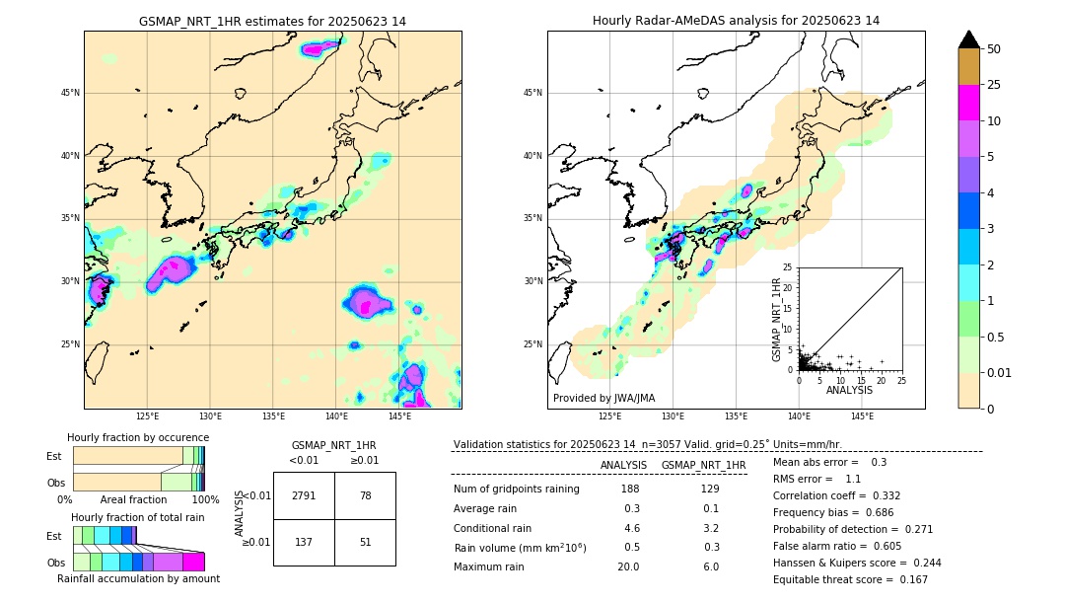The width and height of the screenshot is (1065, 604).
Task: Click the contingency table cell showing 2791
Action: pyautogui.click(x=304, y=495)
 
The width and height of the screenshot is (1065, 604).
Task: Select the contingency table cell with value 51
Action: pyautogui.click(x=365, y=542)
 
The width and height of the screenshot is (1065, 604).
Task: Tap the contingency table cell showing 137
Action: pyautogui.click(x=304, y=542)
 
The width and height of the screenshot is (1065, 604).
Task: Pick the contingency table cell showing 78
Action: pyautogui.click(x=365, y=495)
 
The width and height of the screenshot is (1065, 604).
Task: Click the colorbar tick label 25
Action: pyautogui.click(x=995, y=85)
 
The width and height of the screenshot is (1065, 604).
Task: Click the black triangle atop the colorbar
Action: pyautogui.click(x=969, y=39)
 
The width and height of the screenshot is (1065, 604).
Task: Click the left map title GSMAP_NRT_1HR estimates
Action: pyautogui.click(x=272, y=21)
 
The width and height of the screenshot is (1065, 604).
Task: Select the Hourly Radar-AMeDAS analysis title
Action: pyautogui.click(x=736, y=21)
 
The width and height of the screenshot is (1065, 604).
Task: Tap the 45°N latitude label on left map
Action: pyautogui.click(x=70, y=93)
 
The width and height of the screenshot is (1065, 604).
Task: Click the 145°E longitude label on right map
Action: pyautogui.click(x=862, y=416)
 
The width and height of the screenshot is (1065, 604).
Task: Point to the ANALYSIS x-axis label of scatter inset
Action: pyautogui.click(x=849, y=390)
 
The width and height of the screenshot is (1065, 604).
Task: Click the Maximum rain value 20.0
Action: pyautogui.click(x=628, y=566)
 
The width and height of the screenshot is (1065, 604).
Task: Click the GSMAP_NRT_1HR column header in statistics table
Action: pyautogui.click(x=703, y=465)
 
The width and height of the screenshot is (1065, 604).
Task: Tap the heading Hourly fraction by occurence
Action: pyautogui.click(x=138, y=437)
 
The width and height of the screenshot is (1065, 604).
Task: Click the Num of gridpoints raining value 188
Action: pyautogui.click(x=629, y=489)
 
